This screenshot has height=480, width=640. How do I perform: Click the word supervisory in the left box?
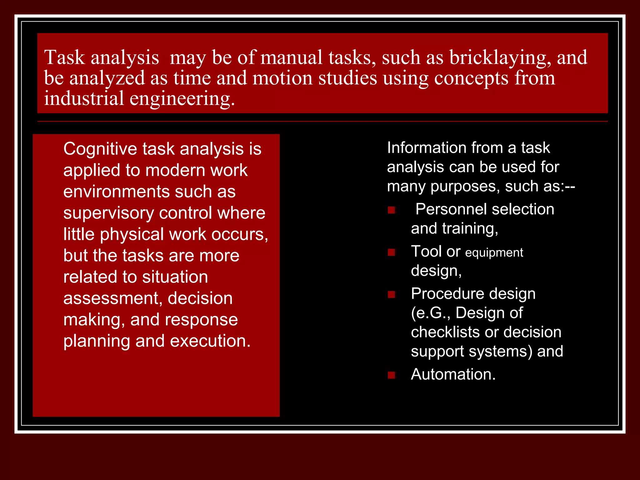click(108, 213)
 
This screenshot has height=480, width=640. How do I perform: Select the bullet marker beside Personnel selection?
click(391, 210)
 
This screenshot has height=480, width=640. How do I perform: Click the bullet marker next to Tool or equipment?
click(391, 252)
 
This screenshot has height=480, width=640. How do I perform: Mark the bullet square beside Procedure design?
click(391, 294)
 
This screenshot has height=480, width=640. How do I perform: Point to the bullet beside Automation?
click(391, 375)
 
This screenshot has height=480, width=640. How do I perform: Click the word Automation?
click(453, 374)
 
